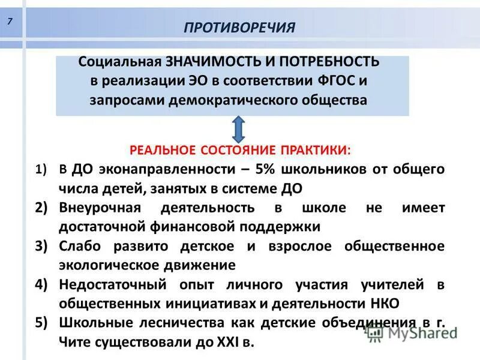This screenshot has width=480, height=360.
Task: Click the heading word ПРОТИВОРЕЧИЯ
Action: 239,28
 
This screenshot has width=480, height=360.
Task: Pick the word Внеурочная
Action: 99,208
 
